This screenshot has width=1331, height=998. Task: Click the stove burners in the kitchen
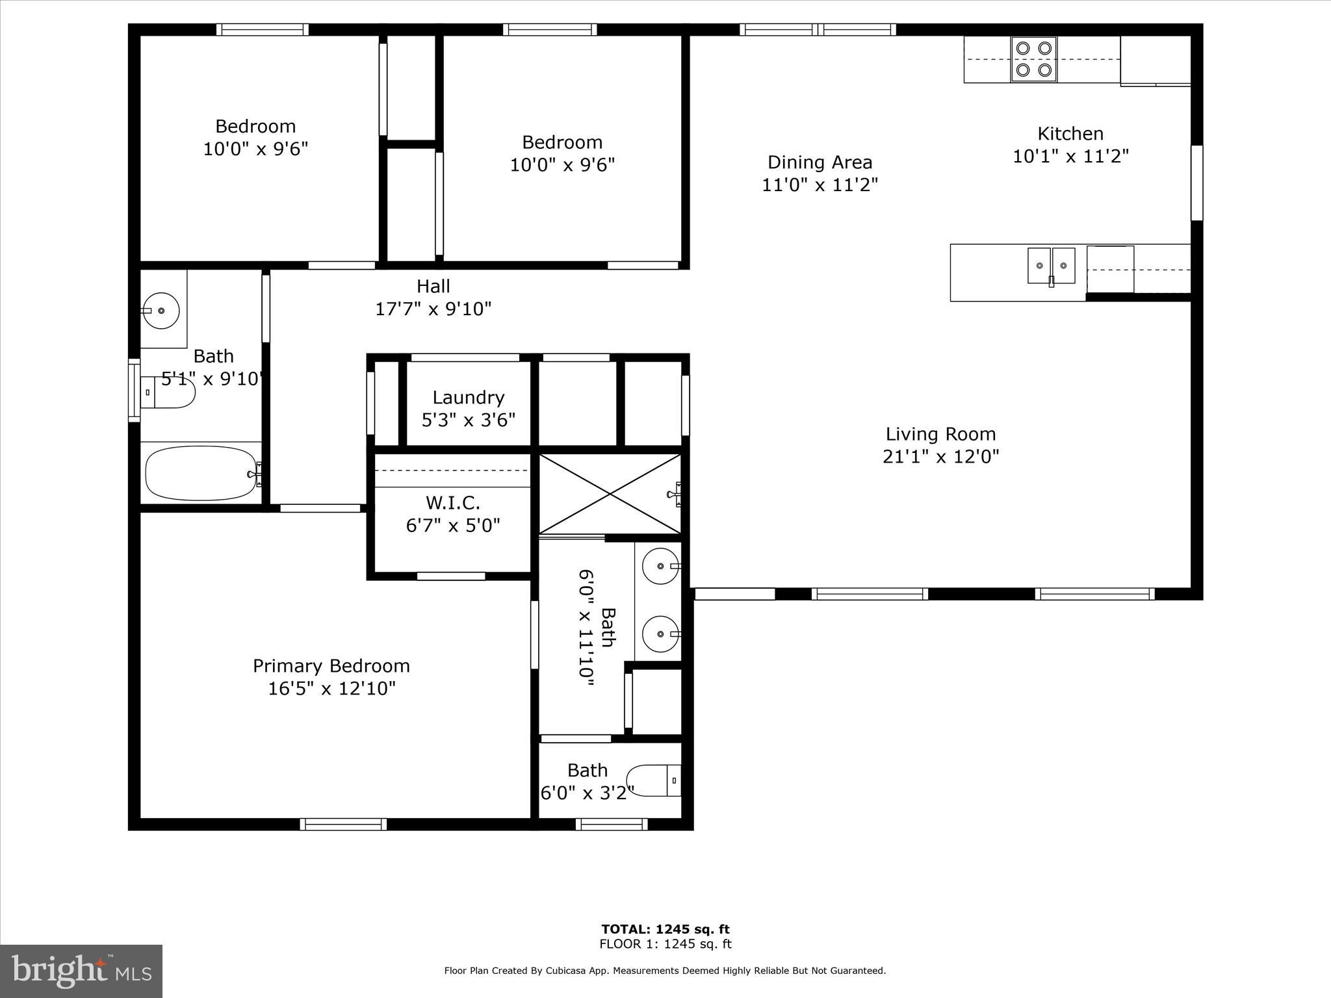(x=1033, y=58)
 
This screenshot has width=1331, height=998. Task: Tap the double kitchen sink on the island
(x=1051, y=266)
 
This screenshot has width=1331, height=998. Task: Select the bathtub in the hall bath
(x=201, y=473)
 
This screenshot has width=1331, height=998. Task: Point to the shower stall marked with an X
(x=610, y=494)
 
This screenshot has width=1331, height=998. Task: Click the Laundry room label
(x=468, y=397)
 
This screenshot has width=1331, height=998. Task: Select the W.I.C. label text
(x=453, y=502)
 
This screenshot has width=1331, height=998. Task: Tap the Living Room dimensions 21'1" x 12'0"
(x=940, y=456)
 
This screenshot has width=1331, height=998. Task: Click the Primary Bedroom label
(x=331, y=665)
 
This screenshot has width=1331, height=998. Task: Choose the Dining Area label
(x=820, y=162)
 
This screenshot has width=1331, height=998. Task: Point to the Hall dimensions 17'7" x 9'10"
(x=433, y=309)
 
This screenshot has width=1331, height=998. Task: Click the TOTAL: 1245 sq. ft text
(x=665, y=929)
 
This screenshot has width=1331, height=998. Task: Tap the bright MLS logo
(x=81, y=971)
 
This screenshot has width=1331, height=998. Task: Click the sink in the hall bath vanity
(x=161, y=311)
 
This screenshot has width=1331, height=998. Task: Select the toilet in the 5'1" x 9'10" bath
(x=169, y=392)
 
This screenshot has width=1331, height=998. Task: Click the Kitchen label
(x=1070, y=134)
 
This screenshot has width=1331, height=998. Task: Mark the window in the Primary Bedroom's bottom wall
(x=343, y=824)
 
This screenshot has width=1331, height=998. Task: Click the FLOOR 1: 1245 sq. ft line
(x=665, y=944)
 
